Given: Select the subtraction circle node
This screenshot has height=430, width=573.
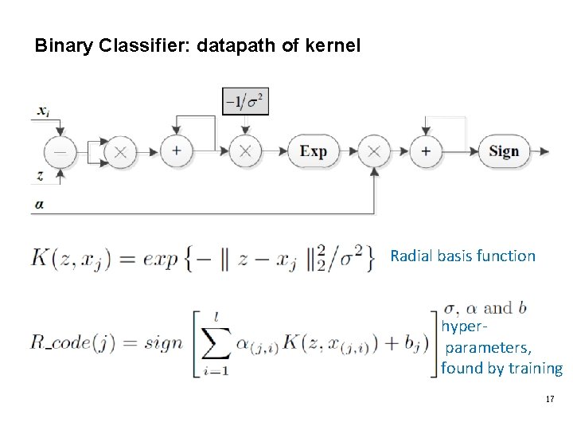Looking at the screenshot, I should pos(60,151).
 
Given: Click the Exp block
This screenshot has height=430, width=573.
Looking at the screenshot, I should pos(313,151).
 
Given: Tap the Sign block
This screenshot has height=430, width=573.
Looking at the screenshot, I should pos(504,151).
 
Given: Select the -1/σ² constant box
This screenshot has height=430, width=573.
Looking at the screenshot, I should pos(245,102).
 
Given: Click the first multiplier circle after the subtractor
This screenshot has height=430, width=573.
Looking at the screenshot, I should pos(121,151).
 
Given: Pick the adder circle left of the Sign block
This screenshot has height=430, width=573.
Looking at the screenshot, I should pos(426,151).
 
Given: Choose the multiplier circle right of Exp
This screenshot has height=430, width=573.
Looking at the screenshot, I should pos(372,151).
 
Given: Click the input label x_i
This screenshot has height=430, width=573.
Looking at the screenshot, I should pos(43,112).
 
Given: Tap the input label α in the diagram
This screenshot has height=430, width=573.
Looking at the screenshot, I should pos(39,204).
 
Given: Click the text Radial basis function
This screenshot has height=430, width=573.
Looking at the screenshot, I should pos(462,256).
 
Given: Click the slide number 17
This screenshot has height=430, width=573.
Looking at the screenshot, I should pos(550,397).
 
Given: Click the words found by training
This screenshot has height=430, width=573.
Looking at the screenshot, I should pos(501,368).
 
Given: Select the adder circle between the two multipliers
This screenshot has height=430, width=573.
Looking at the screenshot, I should pos(176,151).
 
